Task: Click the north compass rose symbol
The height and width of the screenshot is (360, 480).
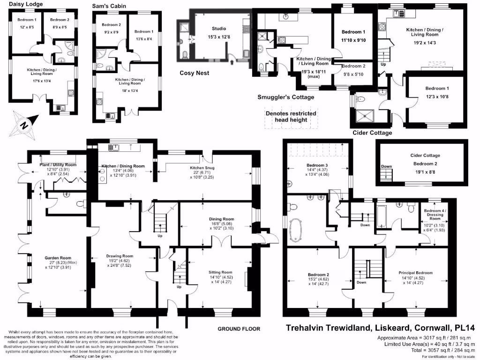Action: (x=23, y=124)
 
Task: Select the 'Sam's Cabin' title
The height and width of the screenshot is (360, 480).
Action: (x=109, y=7)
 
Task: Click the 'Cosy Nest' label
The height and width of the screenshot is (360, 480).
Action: (x=195, y=73)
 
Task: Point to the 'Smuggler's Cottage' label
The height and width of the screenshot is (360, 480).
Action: (x=285, y=97)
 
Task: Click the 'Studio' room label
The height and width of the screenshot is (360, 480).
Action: (x=219, y=29)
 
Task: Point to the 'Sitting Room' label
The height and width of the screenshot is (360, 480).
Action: (x=220, y=272)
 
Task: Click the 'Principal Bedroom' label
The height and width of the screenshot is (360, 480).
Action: (x=416, y=272)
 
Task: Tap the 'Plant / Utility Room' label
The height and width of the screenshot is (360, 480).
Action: (x=59, y=165)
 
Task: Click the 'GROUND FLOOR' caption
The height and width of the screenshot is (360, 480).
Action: (x=239, y=329)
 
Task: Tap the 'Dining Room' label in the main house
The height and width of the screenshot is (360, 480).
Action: (x=221, y=219)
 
